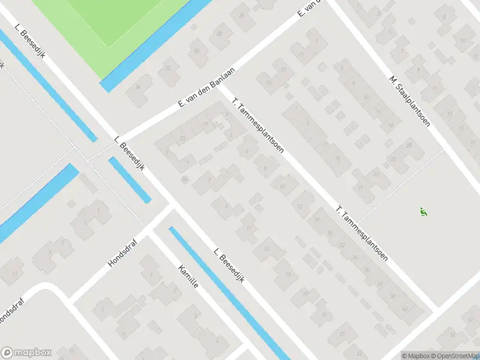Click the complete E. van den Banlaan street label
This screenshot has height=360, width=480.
[206, 88]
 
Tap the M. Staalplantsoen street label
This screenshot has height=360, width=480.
[410, 101]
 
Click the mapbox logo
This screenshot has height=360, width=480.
[27, 353]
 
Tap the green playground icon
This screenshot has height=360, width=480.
[424, 211]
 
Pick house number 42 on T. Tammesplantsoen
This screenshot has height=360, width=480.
[404, 309]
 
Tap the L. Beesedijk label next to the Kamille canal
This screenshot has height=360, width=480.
[229, 267]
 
